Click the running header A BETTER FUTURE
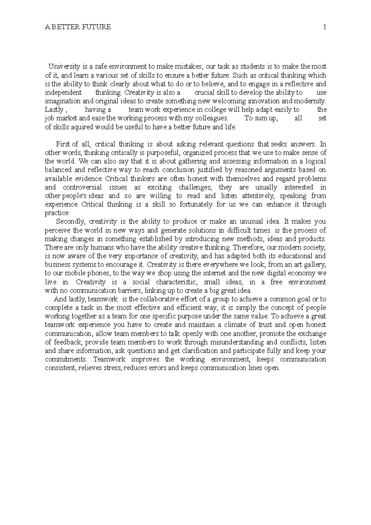click(78, 27)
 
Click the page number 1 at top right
click(325, 27)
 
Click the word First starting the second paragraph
click(63, 144)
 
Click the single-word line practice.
click(58, 213)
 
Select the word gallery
click(315, 265)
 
